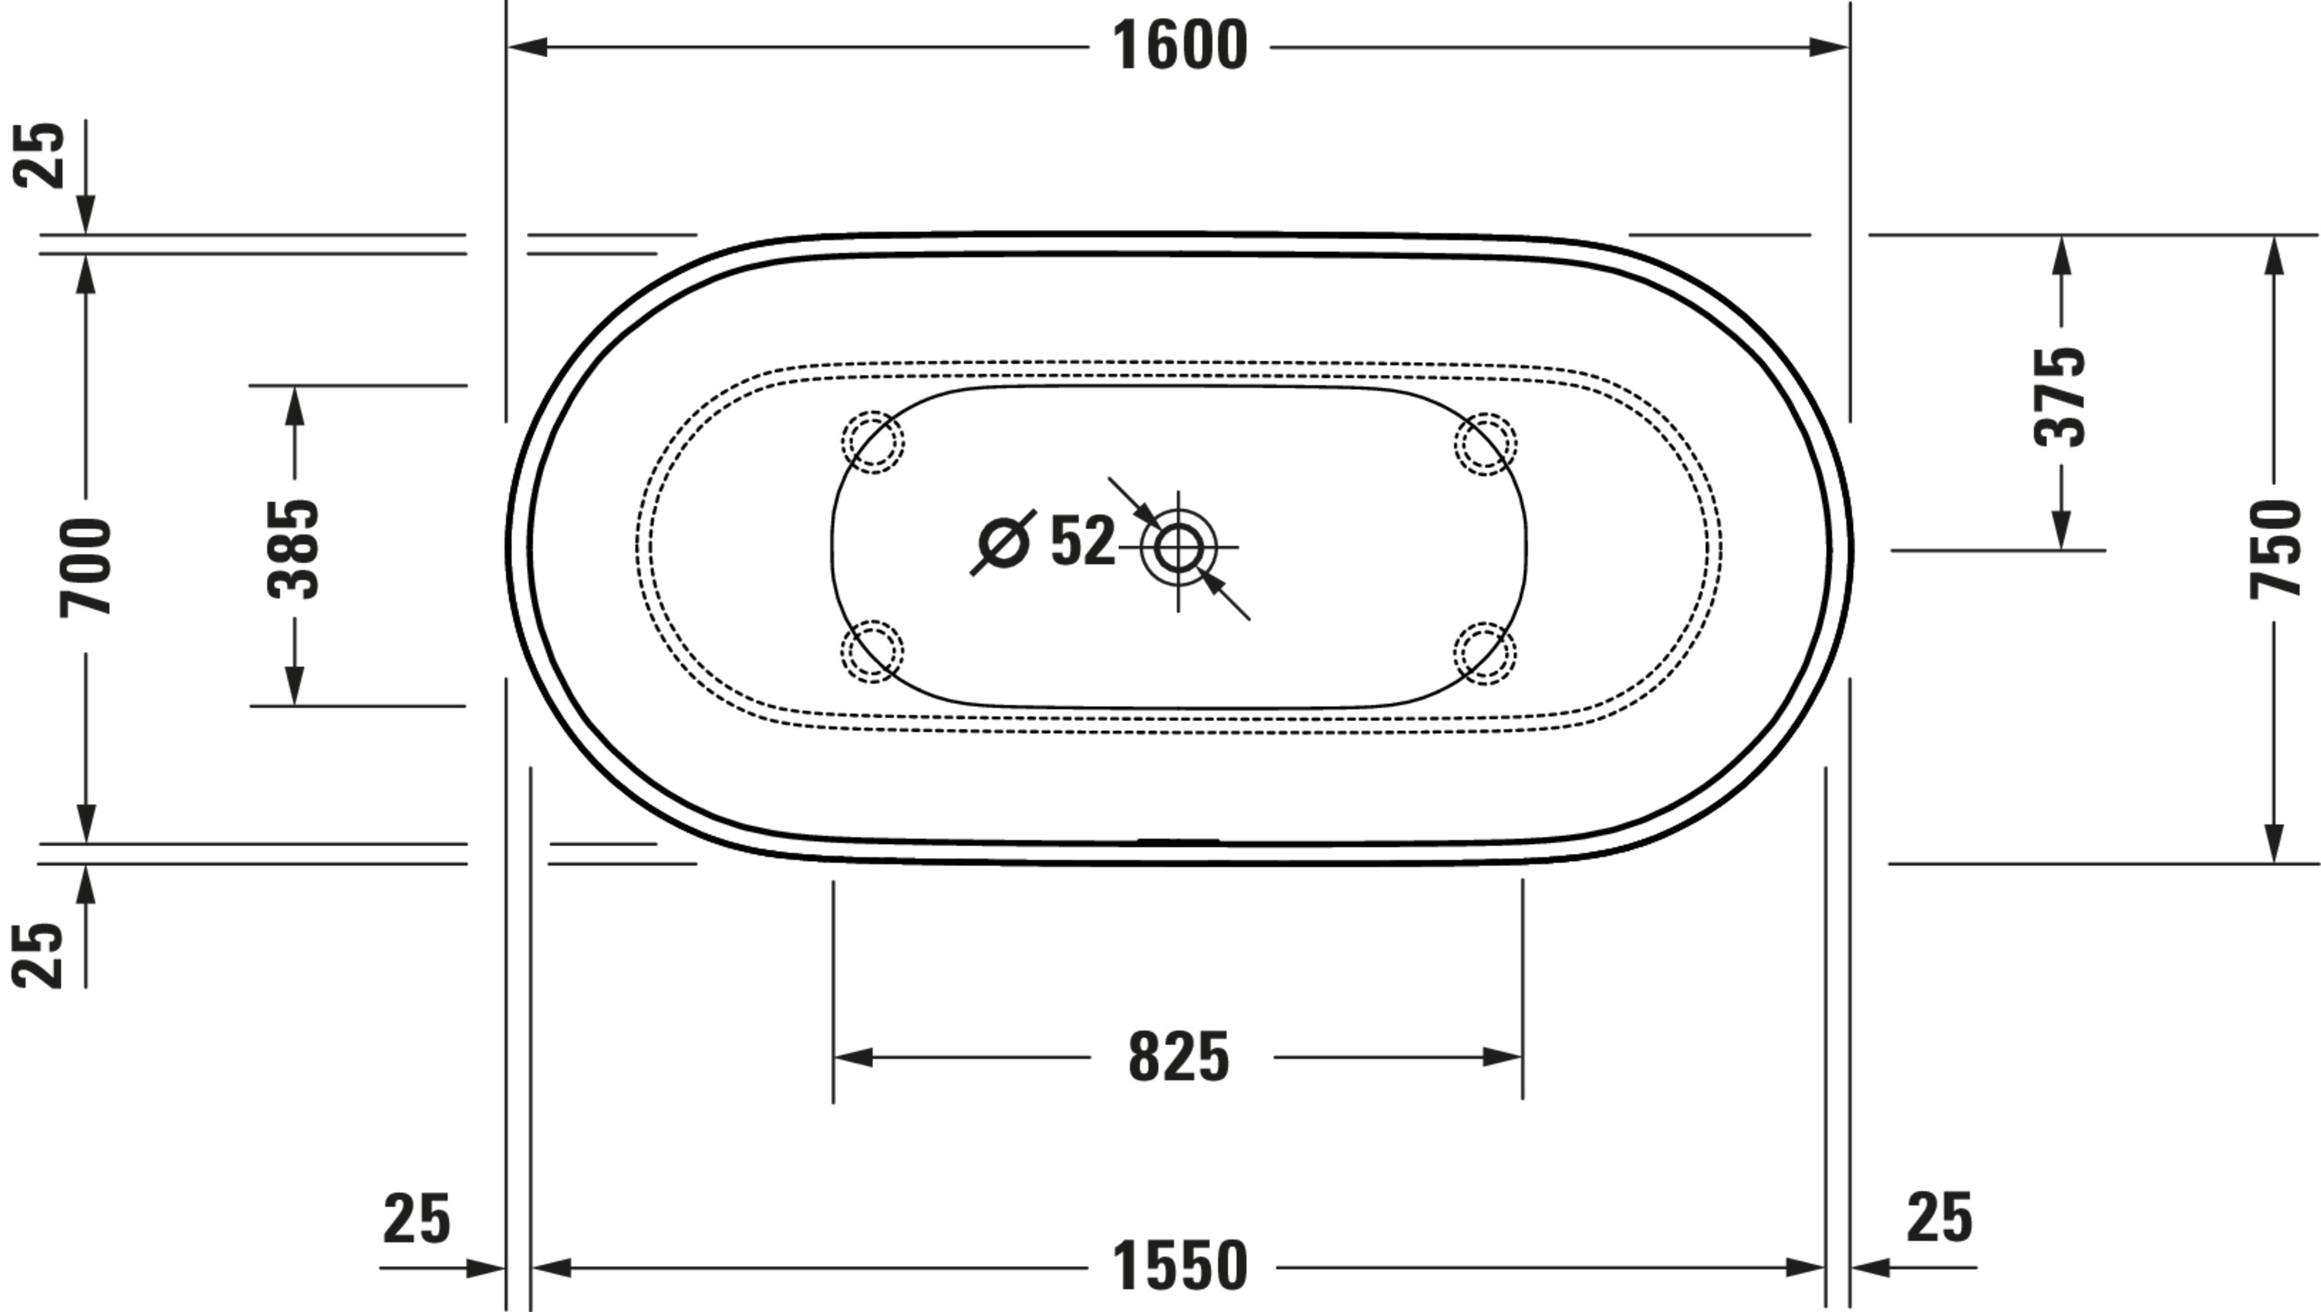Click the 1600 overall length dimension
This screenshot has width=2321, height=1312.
(1179, 46)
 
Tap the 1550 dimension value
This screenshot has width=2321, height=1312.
(1179, 1266)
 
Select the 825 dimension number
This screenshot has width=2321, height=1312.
(1178, 1056)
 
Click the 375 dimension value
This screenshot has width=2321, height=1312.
(2060, 397)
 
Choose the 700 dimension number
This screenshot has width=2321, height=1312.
(86, 567)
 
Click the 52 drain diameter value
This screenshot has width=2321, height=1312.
(1083, 541)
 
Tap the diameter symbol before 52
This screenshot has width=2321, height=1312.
(1003, 542)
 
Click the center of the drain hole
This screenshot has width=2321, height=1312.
(1178, 547)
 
